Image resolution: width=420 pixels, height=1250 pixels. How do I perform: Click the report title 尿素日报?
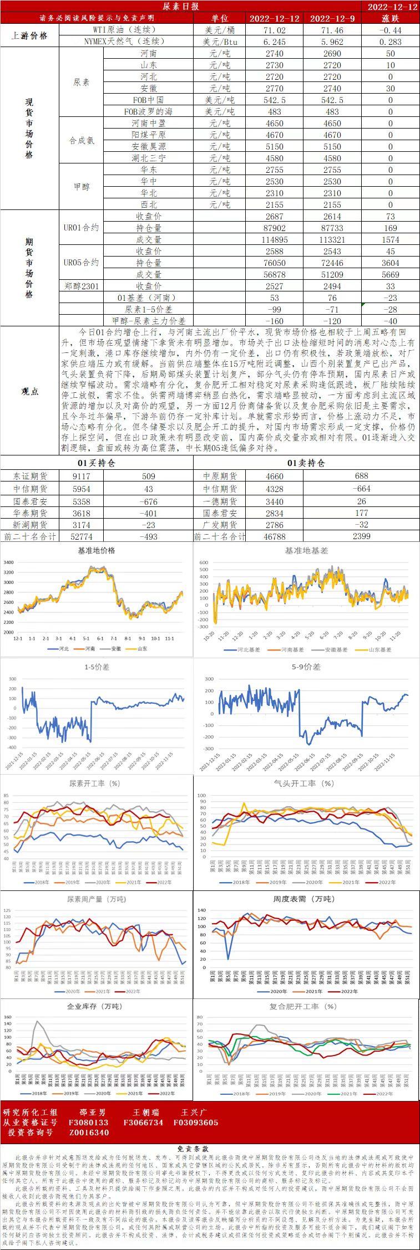tap(181, 6)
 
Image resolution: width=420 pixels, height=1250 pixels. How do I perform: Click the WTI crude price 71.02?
tap(274, 30)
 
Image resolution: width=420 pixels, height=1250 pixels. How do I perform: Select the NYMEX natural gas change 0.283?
tap(390, 42)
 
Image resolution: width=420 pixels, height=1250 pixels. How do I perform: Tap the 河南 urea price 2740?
tap(274, 54)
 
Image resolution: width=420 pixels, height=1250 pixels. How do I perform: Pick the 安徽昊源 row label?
tap(148, 146)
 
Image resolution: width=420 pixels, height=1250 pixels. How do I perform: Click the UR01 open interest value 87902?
tap(274, 228)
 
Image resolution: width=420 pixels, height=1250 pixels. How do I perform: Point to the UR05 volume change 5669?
tap(390, 274)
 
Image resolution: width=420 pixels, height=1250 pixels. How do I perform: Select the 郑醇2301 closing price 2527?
tap(274, 286)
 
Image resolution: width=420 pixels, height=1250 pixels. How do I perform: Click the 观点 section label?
tap(30, 391)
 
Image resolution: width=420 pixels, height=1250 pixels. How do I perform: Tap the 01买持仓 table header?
tap(96, 463)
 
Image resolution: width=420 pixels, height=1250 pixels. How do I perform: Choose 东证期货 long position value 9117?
tap(81, 476)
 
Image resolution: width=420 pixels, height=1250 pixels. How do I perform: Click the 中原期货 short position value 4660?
tap(274, 476)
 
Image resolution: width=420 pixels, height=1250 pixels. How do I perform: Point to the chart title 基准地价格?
tap(97, 550)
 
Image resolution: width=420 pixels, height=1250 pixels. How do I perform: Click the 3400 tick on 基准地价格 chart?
tap(9, 562)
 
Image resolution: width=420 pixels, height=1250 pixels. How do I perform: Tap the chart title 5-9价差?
tap(306, 667)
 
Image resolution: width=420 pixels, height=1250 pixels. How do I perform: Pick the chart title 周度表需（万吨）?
tap(304, 899)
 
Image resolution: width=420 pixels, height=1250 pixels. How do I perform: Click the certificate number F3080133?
tap(89, 1123)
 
